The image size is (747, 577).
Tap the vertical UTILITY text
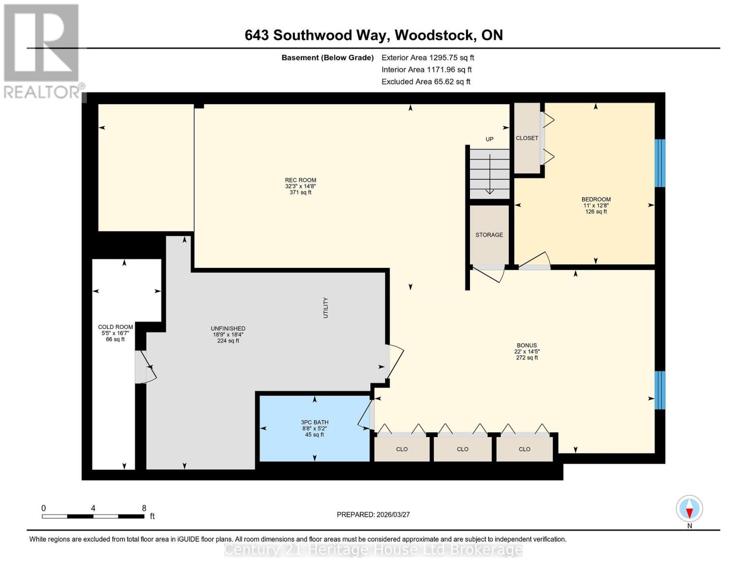pyautogui.click(x=326, y=308)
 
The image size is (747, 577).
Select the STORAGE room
pyautogui.click(x=489, y=235)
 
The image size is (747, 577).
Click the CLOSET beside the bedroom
pyautogui.click(x=527, y=138)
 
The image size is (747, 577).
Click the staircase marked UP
pyautogui.click(x=490, y=173)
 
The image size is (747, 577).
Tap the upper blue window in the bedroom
pyautogui.click(x=660, y=163)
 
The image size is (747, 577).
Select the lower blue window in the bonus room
pyautogui.click(x=660, y=390)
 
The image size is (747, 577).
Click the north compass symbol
pyautogui.click(x=689, y=509)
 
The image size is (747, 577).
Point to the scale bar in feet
pyautogui.click(x=93, y=516)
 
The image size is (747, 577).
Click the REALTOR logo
pyautogui.click(x=41, y=50)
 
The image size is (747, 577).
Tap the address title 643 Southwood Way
pyautogui.click(x=373, y=35)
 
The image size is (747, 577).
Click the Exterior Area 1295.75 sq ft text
pyautogui.click(x=428, y=58)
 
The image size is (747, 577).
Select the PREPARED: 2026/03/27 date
pyautogui.click(x=373, y=514)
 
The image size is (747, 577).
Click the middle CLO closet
pyautogui.click(x=463, y=449)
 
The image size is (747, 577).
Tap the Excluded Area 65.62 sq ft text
pyautogui.click(x=426, y=82)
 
